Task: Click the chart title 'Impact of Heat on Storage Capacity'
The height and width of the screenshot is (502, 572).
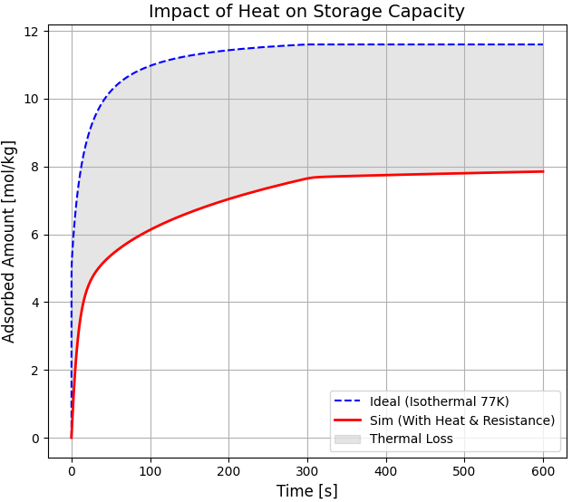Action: [306, 12]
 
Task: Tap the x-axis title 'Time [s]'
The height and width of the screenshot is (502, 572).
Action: [306, 490]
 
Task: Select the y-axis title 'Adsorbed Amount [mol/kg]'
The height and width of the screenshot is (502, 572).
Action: [10, 241]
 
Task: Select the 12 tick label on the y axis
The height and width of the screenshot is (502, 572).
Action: [31, 32]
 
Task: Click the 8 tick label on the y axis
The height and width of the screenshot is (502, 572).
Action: [34, 167]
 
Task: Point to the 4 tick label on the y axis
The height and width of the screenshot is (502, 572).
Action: [34, 303]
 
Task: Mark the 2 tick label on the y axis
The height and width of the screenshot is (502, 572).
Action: [34, 371]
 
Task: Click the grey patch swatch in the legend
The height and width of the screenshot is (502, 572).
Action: [347, 439]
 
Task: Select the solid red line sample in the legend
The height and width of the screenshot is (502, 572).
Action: [347, 420]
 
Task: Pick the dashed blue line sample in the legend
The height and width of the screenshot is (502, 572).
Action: [347, 401]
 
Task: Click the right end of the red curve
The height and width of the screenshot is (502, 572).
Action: [543, 171]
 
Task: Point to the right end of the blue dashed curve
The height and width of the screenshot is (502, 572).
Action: [543, 44]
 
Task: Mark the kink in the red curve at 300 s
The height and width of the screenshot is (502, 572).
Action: [308, 178]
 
